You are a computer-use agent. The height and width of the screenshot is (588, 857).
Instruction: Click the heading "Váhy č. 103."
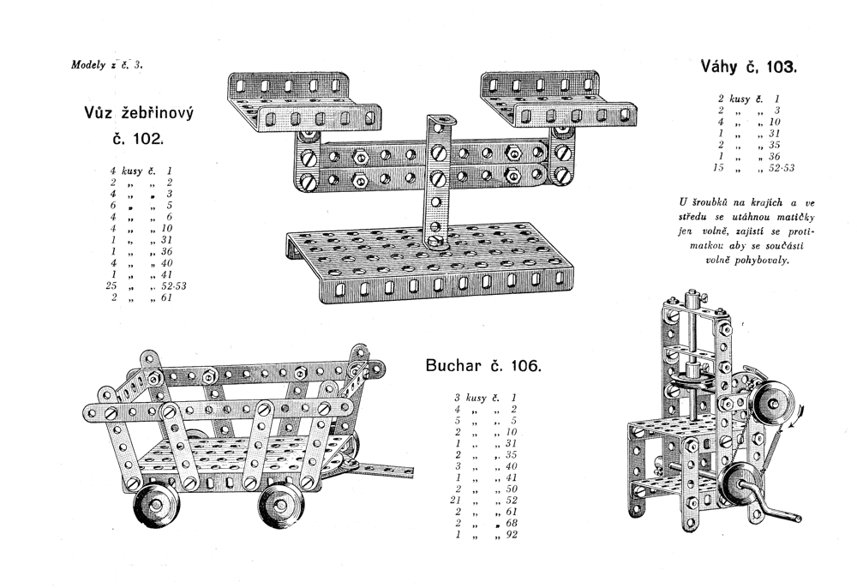pyautogui.click(x=748, y=67)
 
